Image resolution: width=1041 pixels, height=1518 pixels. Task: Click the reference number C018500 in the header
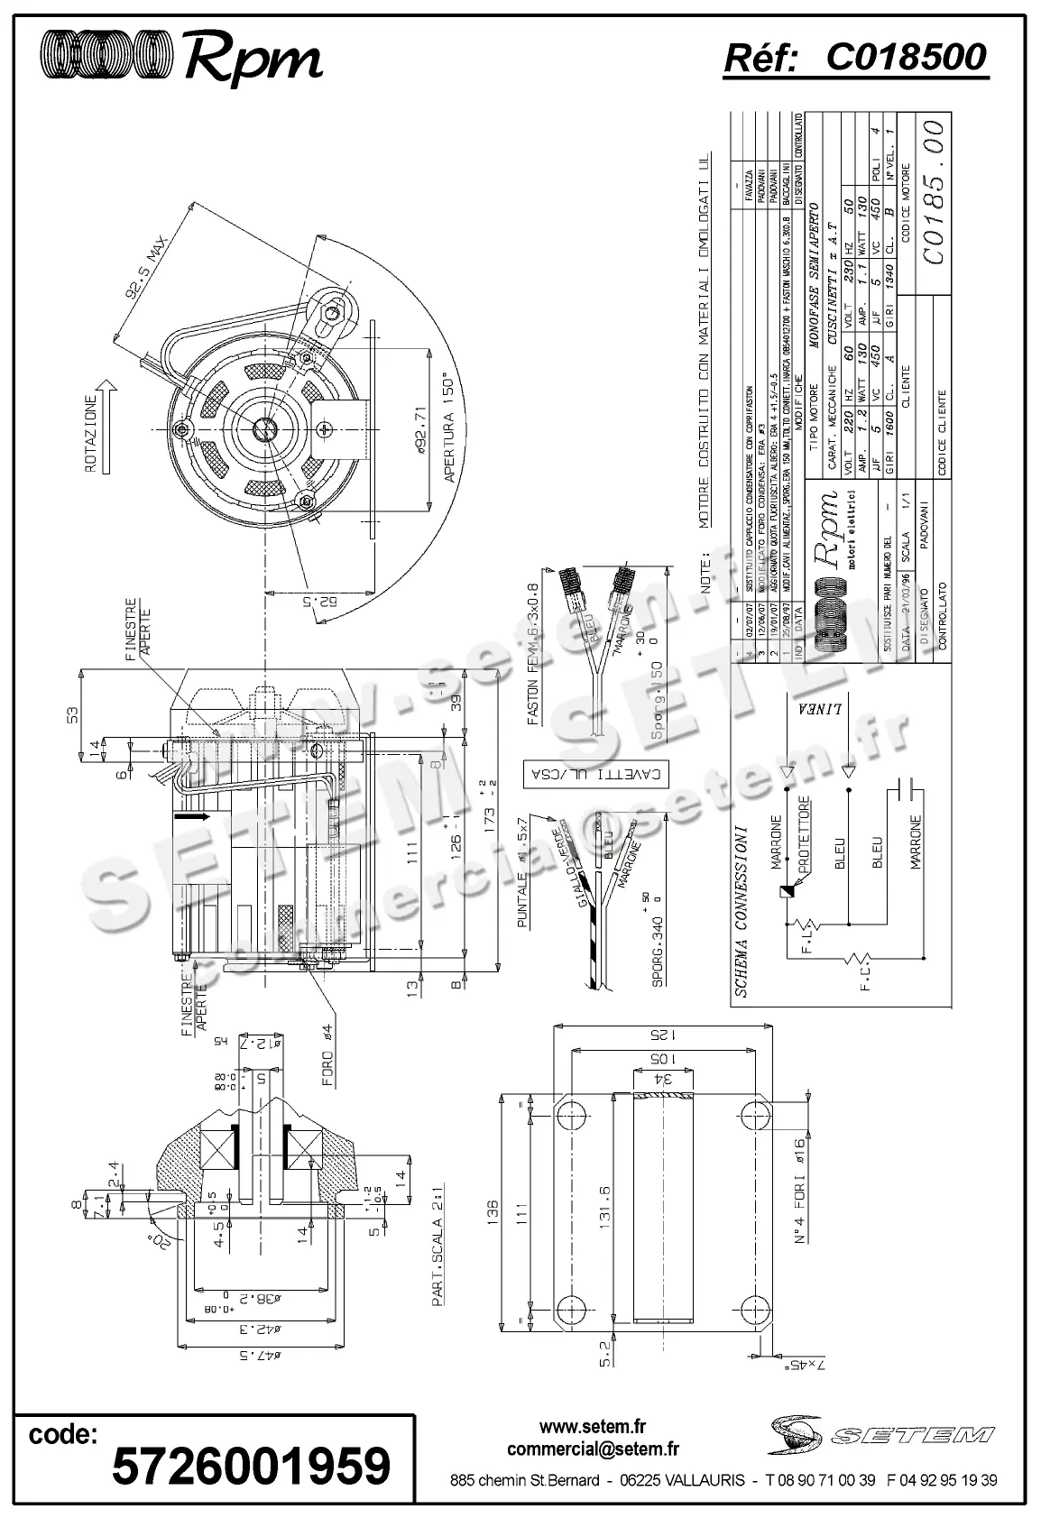(x=906, y=59)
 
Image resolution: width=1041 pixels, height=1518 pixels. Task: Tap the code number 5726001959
(x=251, y=1466)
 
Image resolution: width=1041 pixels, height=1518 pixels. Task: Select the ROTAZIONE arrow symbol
(x=106, y=427)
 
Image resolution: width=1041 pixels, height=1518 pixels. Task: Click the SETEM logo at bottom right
(x=882, y=1434)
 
